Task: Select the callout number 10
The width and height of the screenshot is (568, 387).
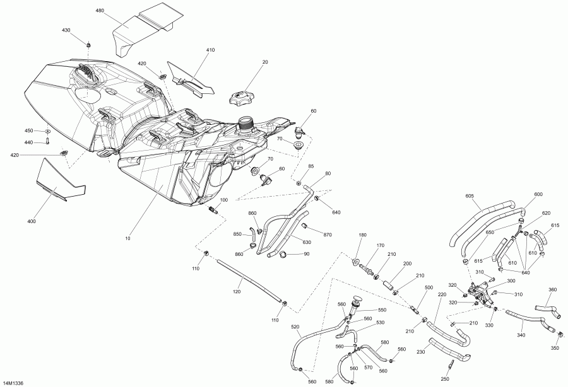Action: point(127,239)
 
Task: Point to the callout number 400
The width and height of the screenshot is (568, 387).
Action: point(32,221)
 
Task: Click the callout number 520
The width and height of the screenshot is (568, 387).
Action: point(295,328)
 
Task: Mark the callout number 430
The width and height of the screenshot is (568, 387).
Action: point(66,30)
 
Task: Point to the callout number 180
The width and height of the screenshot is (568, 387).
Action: point(362,235)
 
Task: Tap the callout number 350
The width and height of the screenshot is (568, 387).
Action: point(555,349)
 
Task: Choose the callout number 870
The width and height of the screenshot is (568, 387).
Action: point(327,235)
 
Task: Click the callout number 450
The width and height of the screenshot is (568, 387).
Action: point(28,130)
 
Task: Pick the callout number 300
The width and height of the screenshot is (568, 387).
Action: point(511,281)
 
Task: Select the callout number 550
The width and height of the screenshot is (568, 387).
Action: point(382,311)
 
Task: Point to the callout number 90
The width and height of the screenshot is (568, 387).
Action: point(307,254)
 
